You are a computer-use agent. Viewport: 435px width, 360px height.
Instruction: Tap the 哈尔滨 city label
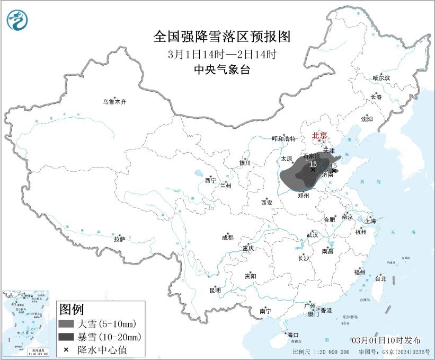pos(381,78)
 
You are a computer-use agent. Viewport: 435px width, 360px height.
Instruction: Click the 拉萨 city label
pos(119,239)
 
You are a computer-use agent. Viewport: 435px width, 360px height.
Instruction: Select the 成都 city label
pos(227,238)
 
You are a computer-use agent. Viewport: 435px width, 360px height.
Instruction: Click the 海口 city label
pos(293,335)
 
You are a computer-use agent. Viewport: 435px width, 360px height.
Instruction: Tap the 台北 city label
pos(380,278)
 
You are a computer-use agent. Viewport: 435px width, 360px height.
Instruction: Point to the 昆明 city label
pos(215,290)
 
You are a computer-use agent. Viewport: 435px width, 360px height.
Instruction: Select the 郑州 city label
pos(304,195)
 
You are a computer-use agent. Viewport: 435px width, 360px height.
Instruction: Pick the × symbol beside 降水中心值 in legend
pos(66,350)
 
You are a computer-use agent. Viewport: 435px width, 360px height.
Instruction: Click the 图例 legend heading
pos(71,309)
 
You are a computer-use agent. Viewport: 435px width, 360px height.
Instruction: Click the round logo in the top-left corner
pos(17,20)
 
